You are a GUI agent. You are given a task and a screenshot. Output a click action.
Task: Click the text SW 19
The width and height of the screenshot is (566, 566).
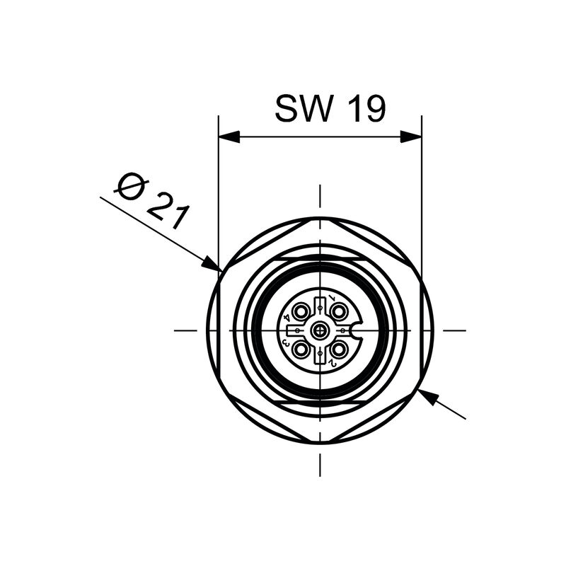pyautogui.click(x=330, y=109)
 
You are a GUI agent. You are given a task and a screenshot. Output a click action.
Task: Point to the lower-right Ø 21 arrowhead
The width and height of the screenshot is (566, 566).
pyautogui.click(x=428, y=396)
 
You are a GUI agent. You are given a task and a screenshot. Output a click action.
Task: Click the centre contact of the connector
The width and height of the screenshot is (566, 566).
pyautogui.click(x=320, y=330)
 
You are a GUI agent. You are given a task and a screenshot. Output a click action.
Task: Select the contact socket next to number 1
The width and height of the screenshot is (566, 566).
pyautogui.click(x=340, y=311)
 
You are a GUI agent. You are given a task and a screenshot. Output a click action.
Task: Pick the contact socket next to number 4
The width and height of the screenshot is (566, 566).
pyautogui.click(x=301, y=311)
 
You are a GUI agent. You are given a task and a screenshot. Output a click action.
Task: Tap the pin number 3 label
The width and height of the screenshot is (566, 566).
pyautogui.click(x=285, y=342)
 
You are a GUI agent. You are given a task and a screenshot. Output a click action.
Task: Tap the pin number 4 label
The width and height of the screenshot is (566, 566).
pyautogui.click(x=287, y=318)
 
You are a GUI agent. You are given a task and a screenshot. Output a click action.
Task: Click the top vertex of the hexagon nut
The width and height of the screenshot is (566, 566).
pyautogui.click(x=320, y=218)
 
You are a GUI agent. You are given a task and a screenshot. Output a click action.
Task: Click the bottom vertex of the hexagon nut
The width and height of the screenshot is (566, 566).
pyautogui.click(x=320, y=443)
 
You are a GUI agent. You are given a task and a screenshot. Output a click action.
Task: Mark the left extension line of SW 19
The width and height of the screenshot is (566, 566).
pyautogui.click(x=219, y=191)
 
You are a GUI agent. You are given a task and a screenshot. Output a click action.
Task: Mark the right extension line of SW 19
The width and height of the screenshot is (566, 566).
pyautogui.click(x=422, y=191)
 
